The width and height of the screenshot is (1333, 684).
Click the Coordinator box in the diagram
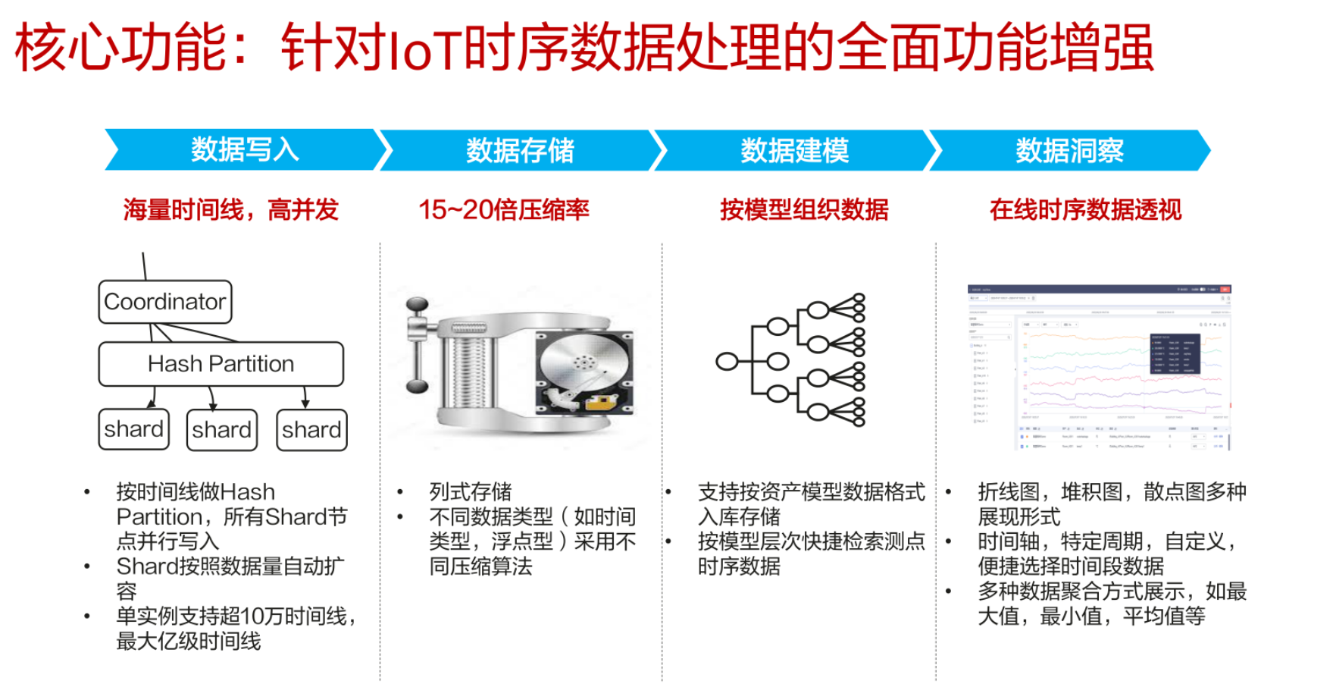tap(164, 302)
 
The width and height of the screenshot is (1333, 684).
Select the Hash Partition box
tap(221, 364)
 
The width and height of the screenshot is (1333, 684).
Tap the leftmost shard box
tap(133, 430)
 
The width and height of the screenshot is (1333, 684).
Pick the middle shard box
tap(221, 430)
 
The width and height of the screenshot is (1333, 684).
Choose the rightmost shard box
tap(311, 430)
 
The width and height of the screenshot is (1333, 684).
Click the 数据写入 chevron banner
tap(245, 149)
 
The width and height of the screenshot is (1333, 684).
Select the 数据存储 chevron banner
tap(520, 150)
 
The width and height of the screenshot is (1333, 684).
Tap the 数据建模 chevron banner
tap(794, 150)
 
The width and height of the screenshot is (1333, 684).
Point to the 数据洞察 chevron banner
tap(1069, 150)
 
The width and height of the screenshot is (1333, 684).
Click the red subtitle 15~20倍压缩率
tap(504, 209)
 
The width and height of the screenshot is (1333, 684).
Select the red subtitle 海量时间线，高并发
tap(230, 209)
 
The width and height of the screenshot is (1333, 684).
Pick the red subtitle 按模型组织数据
tap(804, 209)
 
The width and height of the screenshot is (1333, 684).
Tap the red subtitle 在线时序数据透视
tap(1085, 209)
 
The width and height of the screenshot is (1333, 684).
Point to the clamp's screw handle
tap(417, 345)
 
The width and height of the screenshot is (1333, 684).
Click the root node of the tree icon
tap(727, 362)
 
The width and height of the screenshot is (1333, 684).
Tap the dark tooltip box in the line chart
tap(1175, 353)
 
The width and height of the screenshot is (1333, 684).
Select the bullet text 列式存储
tap(470, 491)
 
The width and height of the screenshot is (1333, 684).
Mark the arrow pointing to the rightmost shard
tap(305, 397)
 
